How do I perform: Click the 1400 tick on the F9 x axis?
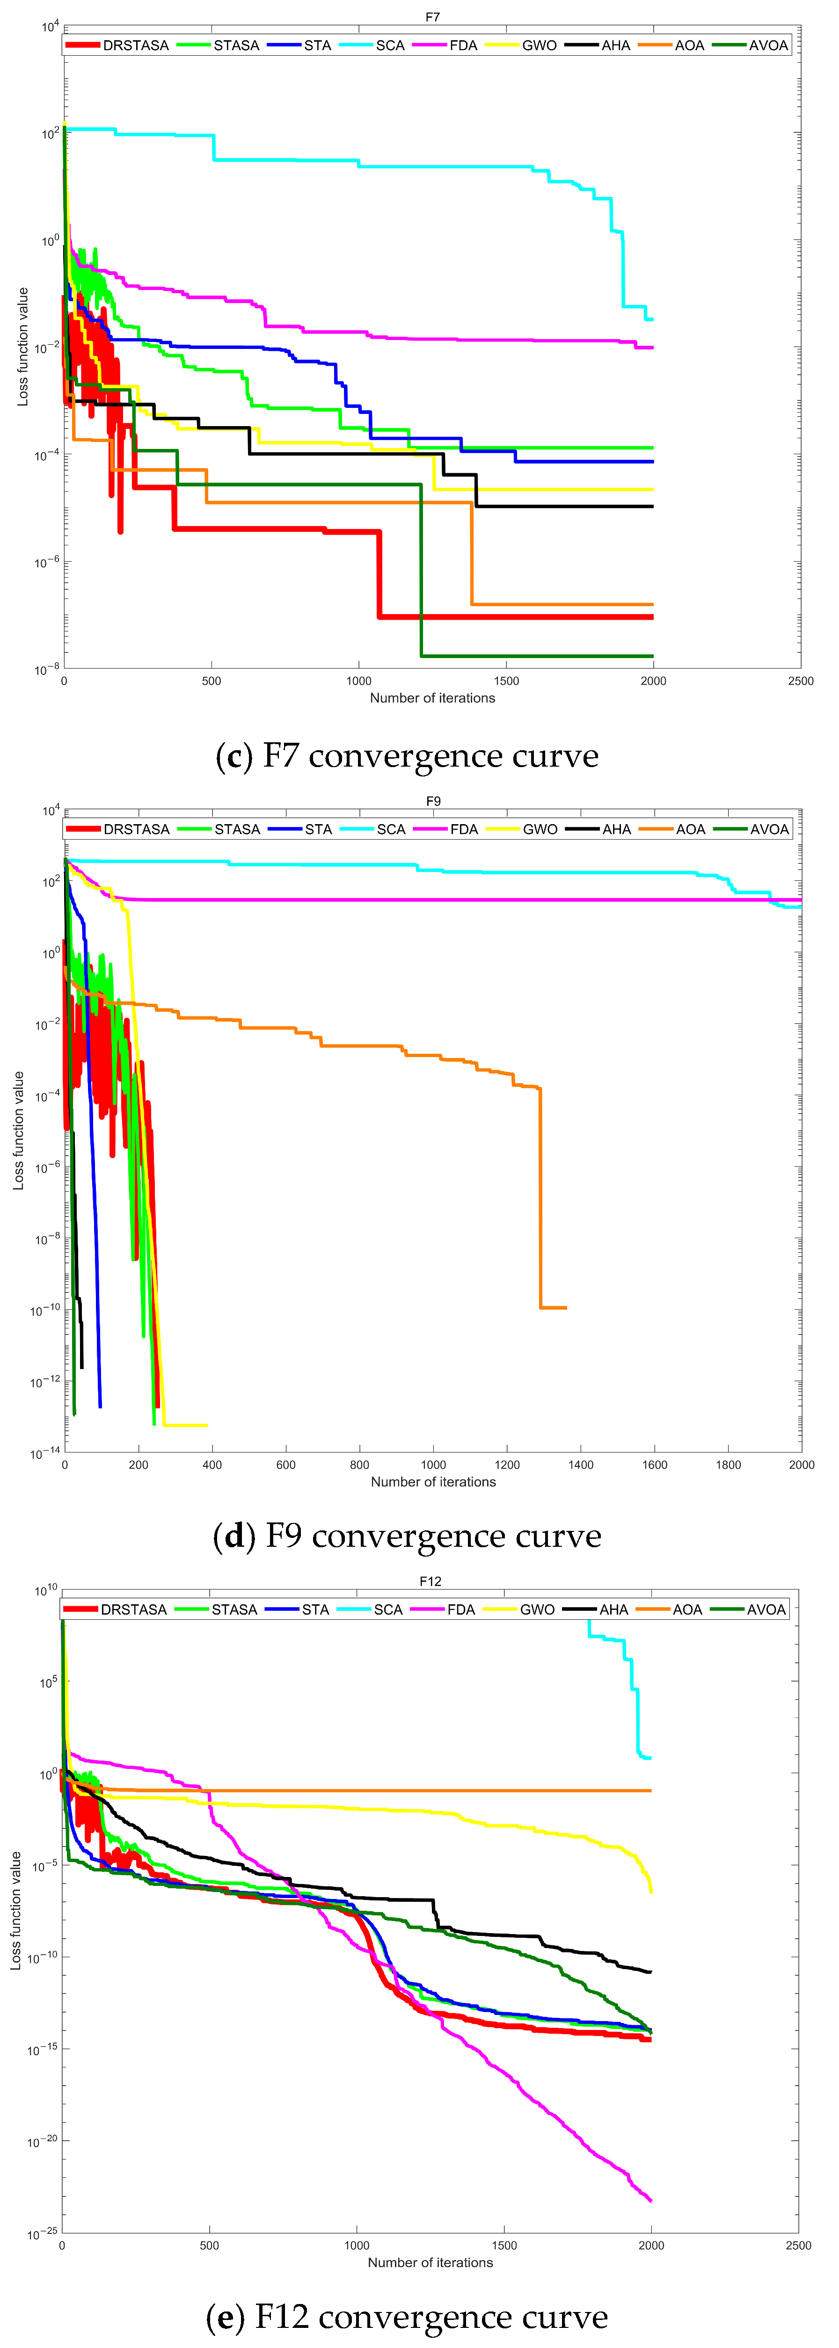click(581, 1465)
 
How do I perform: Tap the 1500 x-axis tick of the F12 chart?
click(504, 2245)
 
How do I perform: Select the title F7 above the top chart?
click(432, 17)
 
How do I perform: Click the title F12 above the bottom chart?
click(430, 1581)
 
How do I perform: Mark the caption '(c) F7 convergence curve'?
click(407, 756)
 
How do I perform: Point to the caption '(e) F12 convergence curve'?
click(407, 2316)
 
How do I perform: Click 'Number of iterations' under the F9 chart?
click(433, 1482)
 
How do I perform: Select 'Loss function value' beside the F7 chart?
click(23, 347)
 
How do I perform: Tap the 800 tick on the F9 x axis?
click(359, 1465)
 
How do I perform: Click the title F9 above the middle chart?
click(433, 801)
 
